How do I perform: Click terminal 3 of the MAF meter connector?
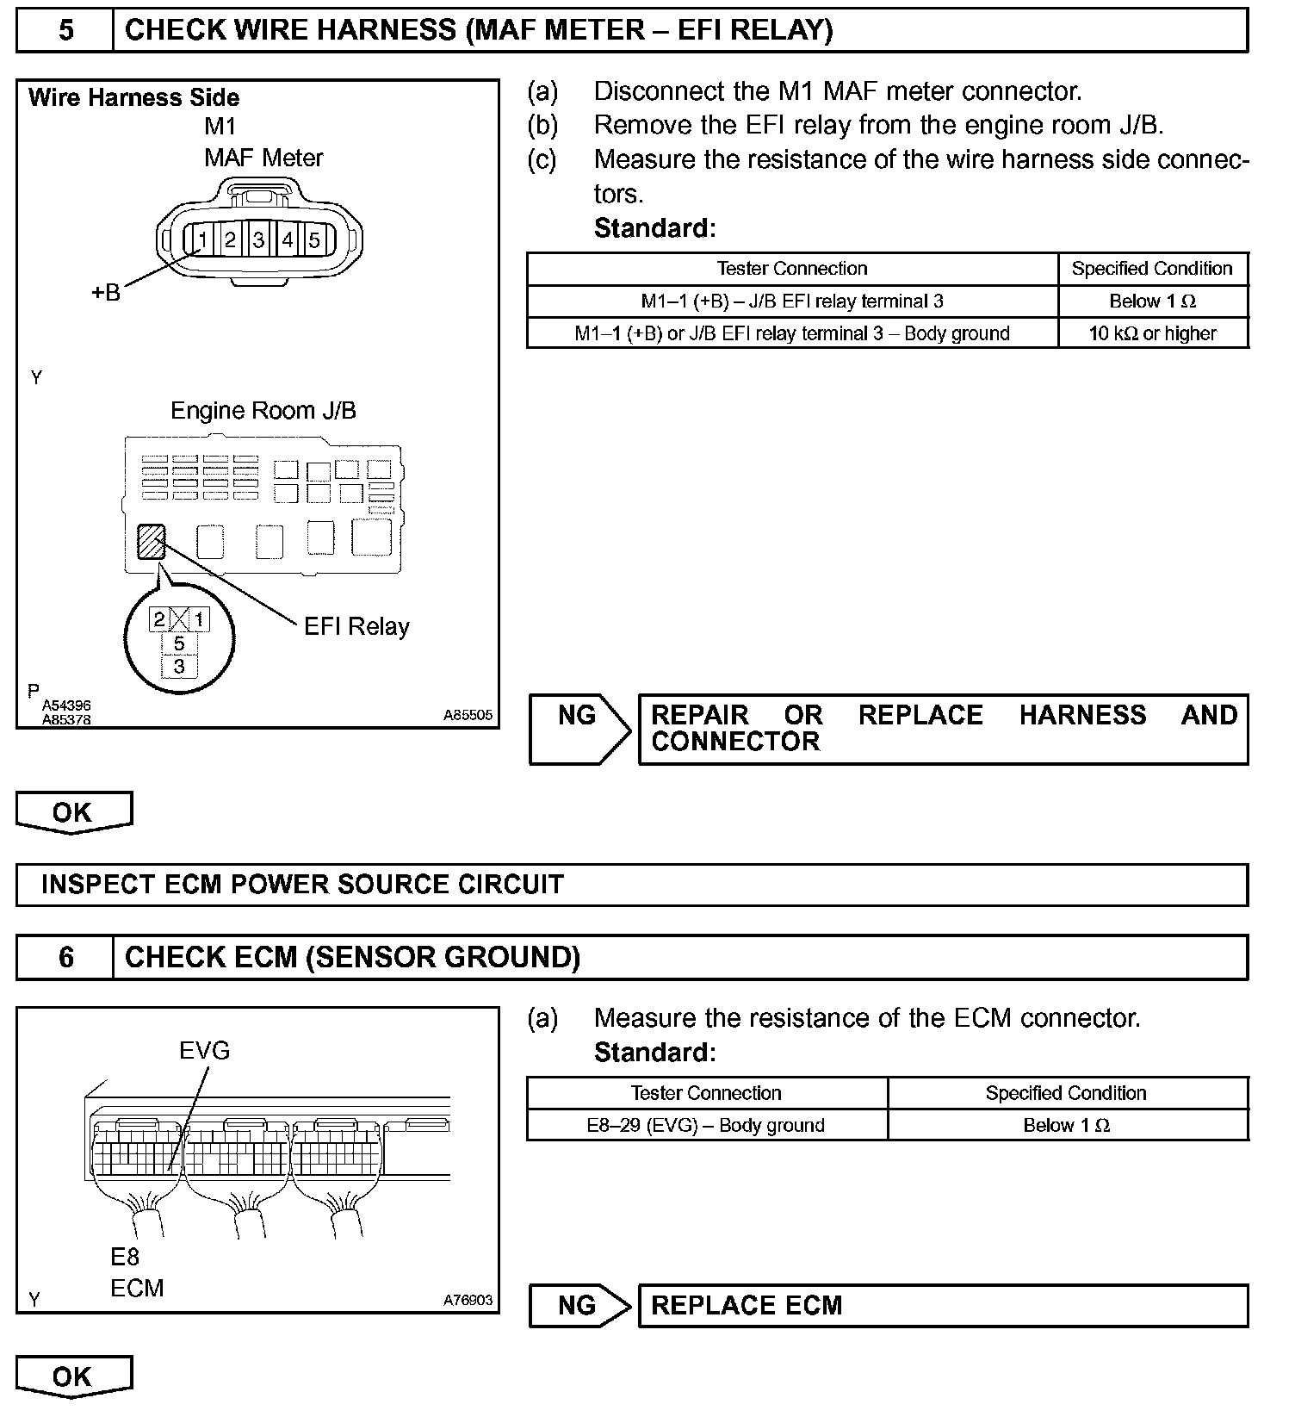pyautogui.click(x=258, y=239)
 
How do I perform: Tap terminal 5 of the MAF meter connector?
pyautogui.click(x=314, y=239)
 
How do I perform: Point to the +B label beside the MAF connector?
pyautogui.click(x=106, y=293)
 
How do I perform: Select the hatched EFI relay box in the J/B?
pyautogui.click(x=152, y=542)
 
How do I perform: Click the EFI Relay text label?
pyautogui.click(x=356, y=626)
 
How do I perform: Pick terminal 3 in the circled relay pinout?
pyautogui.click(x=179, y=666)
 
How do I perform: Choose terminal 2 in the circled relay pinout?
pyautogui.click(x=159, y=619)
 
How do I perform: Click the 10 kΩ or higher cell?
pyautogui.click(x=1152, y=333)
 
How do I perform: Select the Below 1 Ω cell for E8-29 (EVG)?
pyautogui.click(x=1066, y=1125)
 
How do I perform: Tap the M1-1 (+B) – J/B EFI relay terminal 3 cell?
pyautogui.click(x=792, y=301)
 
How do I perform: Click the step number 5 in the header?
pyautogui.click(x=65, y=31)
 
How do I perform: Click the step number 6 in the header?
pyautogui.click(x=65, y=958)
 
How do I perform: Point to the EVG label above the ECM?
pyautogui.click(x=205, y=1051)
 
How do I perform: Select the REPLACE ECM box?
pyautogui.click(x=942, y=1305)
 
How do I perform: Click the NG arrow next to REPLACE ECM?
pyautogui.click(x=579, y=1305)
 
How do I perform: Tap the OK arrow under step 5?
pyautogui.click(x=73, y=812)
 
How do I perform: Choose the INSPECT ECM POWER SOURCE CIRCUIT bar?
pyautogui.click(x=631, y=885)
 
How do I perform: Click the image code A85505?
pyautogui.click(x=468, y=715)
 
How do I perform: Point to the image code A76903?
pyautogui.click(x=468, y=1300)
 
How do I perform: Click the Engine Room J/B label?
pyautogui.click(x=263, y=410)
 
